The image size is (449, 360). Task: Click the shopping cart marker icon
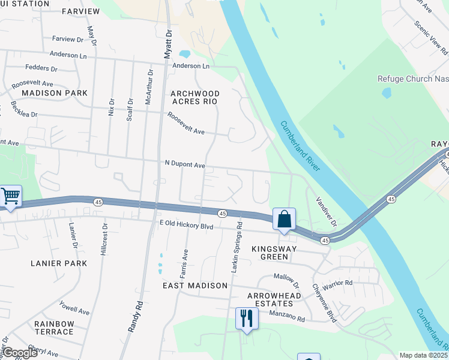pos(10,196)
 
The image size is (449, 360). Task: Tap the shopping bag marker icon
pos(284,219)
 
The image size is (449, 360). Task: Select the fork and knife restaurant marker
pos(246,318)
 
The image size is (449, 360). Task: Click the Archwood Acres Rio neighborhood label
pos(195,97)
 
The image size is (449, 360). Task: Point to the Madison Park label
pos(55,93)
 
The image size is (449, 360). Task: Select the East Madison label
pos(195,286)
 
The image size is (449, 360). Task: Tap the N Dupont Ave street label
pos(185,164)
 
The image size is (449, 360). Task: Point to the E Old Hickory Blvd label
pos(187,225)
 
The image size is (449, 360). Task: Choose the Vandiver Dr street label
pos(327,212)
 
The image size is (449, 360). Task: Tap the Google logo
pos(19,353)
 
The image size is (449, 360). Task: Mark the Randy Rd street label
pos(134,316)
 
